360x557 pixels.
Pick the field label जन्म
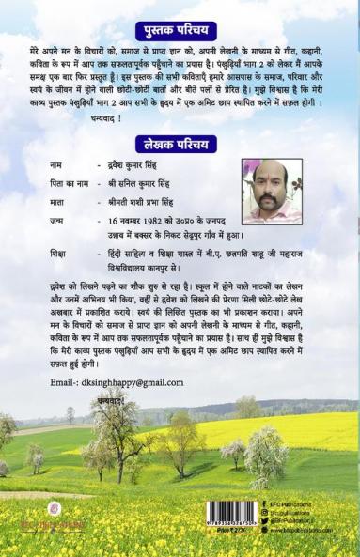59,222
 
